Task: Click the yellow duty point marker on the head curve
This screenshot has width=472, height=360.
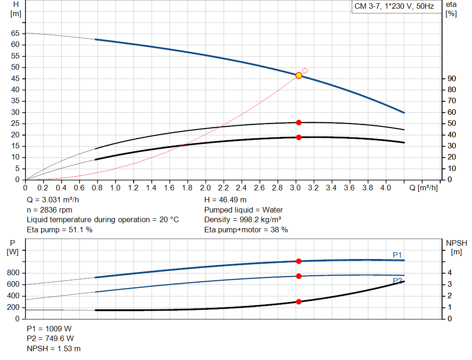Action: pyautogui.click(x=299, y=76)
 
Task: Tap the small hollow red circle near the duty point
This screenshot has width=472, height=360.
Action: pyautogui.click(x=305, y=71)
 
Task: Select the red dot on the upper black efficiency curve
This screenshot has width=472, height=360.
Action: pyautogui.click(x=299, y=123)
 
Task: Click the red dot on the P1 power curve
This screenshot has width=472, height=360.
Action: pyautogui.click(x=299, y=261)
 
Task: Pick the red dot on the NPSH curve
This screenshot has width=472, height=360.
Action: pyautogui.click(x=299, y=301)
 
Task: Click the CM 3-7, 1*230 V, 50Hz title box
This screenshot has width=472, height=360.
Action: pyautogui.click(x=395, y=6)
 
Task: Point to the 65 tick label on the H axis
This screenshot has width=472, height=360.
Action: pyautogui.click(x=15, y=33)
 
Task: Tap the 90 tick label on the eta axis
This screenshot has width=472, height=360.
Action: pyautogui.click(x=452, y=78)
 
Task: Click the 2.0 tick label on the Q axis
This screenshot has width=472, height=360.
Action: pyautogui.click(x=205, y=188)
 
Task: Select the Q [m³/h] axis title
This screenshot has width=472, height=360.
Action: pyautogui.click(x=424, y=188)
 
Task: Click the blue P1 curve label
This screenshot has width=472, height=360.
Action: pyautogui.click(x=397, y=255)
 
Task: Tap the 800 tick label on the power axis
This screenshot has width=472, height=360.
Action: pyautogui.click(x=13, y=273)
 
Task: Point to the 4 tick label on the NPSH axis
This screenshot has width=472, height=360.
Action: pyautogui.click(x=450, y=273)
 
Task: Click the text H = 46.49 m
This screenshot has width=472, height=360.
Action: pyautogui.click(x=225, y=200)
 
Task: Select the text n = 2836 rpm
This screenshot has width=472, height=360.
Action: pyautogui.click(x=50, y=210)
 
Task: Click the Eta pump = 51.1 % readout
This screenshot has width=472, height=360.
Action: pyautogui.click(x=59, y=230)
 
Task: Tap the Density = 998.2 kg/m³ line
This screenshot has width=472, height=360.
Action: pyautogui.click(x=242, y=220)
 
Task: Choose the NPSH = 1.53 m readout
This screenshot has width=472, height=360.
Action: pyautogui.click(x=53, y=348)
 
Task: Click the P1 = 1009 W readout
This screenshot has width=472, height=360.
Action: pyautogui.click(x=49, y=329)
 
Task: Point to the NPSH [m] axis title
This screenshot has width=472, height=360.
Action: pyautogui.click(x=456, y=248)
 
